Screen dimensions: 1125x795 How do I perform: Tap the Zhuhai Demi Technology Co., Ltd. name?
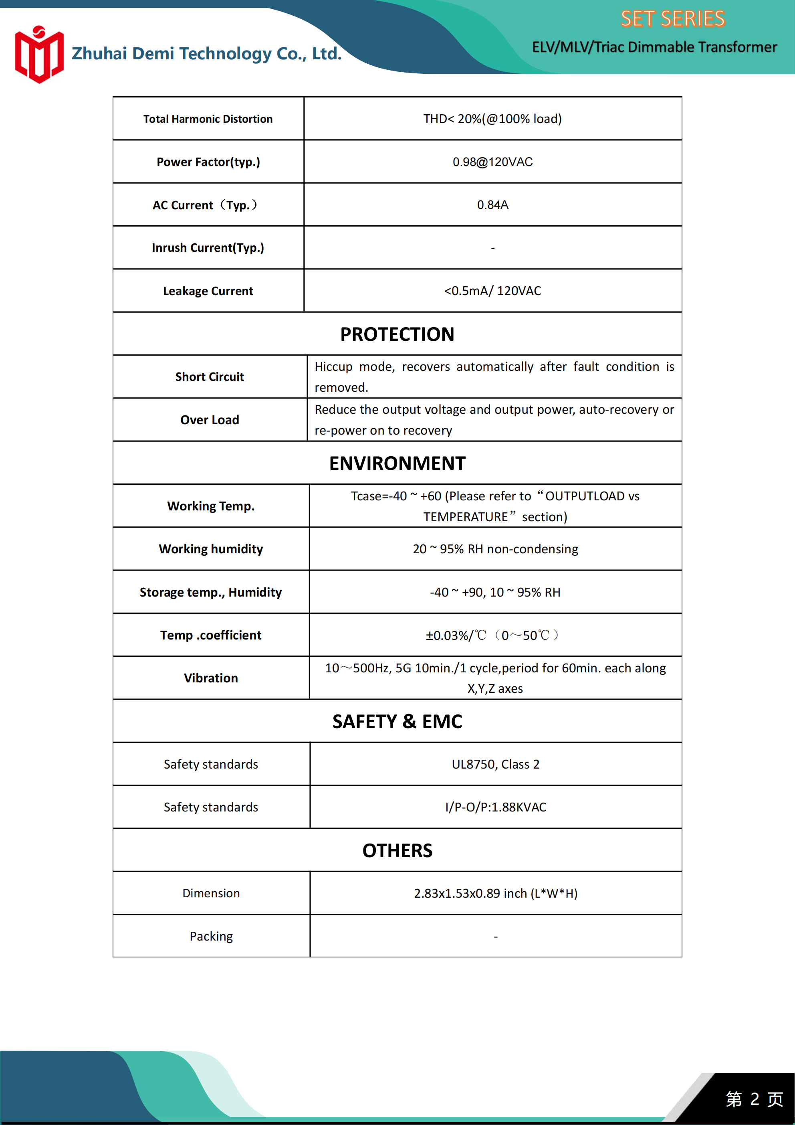[x=206, y=53]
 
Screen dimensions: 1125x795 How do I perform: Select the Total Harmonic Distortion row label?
[x=208, y=119]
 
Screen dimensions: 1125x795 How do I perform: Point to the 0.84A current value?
[x=492, y=205]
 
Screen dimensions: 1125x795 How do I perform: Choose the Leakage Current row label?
[x=208, y=291]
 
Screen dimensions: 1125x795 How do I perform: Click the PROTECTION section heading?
[x=397, y=334]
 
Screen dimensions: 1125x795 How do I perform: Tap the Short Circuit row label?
[x=209, y=377]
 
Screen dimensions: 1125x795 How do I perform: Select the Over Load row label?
[x=209, y=420]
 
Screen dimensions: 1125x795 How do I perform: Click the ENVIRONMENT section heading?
[x=397, y=463]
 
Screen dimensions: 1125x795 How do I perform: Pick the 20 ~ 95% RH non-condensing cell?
[x=495, y=549]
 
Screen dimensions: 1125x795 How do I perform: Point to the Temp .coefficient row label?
[x=211, y=635]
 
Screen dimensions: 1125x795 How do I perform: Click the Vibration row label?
[x=211, y=678]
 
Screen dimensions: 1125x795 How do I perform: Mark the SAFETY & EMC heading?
[x=397, y=722]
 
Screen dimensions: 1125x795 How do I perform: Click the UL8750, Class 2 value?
[x=495, y=765]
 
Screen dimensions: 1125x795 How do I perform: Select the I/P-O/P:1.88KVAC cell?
[x=495, y=807]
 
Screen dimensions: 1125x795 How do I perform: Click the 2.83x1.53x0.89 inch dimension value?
[x=495, y=894]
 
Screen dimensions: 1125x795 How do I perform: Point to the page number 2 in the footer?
[x=755, y=1099]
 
